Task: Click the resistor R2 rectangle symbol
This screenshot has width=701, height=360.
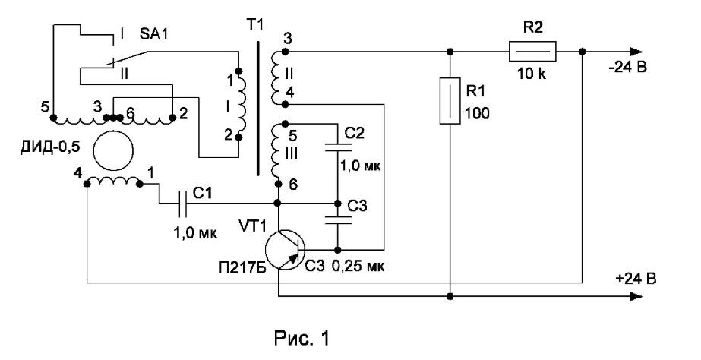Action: (532, 52)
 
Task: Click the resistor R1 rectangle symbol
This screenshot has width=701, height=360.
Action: (450, 100)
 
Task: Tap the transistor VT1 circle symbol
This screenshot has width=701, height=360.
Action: (285, 250)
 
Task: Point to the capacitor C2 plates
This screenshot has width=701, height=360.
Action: (338, 147)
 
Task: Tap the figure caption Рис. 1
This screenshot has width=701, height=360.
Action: (302, 338)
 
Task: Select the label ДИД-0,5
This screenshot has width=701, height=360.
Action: (50, 147)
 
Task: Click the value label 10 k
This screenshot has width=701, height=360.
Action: (532, 74)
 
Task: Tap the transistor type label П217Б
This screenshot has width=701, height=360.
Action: (239, 268)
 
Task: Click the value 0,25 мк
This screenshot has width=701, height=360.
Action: (358, 267)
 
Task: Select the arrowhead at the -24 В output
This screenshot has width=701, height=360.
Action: (636, 52)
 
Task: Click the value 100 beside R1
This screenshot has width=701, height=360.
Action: (477, 114)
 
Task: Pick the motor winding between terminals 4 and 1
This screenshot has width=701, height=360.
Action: (113, 181)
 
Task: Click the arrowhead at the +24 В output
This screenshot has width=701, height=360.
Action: (636, 296)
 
